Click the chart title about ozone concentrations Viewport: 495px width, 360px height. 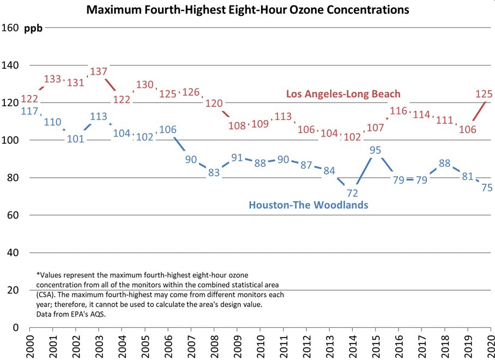(x=247, y=10)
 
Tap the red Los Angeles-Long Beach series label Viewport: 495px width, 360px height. (x=343, y=94)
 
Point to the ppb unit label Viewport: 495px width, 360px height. (x=33, y=28)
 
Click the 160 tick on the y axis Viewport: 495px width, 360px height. (x=10, y=28)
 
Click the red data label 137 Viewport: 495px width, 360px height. (x=99, y=71)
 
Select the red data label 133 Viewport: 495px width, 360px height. (x=52, y=79)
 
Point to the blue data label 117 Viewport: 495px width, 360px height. (x=29, y=111)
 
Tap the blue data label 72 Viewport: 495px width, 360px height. (x=352, y=193)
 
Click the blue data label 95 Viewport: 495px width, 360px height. (x=375, y=150)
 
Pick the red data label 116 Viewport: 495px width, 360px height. (x=399, y=111)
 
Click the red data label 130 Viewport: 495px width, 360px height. (x=144, y=85)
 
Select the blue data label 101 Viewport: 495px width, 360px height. (x=75, y=139)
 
